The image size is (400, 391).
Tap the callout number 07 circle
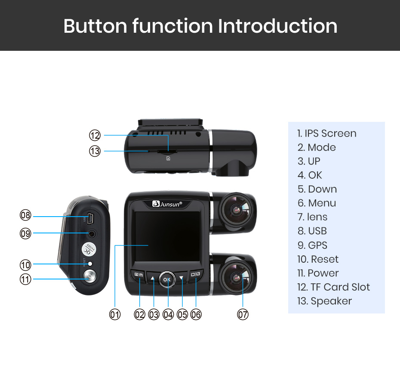(243, 314)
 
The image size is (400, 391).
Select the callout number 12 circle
(95, 136)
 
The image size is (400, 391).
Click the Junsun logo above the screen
(168, 204)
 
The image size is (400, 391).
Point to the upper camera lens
(235, 210)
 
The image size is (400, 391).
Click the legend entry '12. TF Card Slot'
(333, 287)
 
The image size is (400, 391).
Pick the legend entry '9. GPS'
(312, 245)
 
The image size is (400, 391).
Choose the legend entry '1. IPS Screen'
(327, 133)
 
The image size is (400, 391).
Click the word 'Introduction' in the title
(277, 26)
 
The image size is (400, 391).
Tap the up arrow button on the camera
(153, 278)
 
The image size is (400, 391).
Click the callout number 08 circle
(26, 215)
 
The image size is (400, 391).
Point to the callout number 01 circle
(115, 314)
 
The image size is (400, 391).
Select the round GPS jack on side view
(92, 233)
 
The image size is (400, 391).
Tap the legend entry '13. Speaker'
(324, 301)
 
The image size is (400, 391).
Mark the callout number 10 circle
(26, 264)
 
